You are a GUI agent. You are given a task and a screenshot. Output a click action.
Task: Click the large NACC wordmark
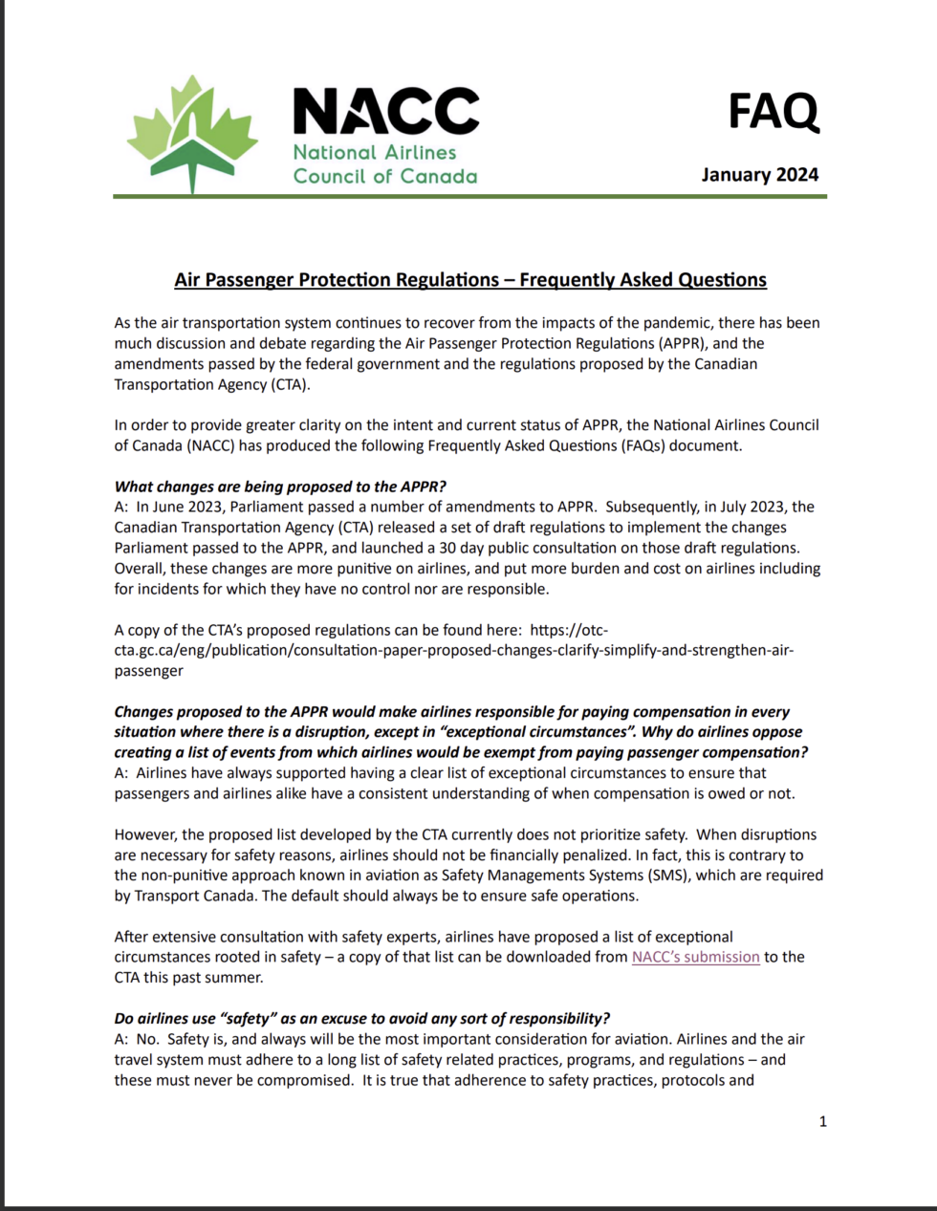point(385,111)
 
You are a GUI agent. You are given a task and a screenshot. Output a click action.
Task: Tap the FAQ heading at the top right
point(773,111)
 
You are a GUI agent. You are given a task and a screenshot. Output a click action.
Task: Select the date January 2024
point(759,174)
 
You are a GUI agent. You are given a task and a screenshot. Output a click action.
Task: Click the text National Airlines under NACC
point(375,152)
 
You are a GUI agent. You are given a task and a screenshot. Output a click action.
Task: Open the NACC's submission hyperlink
point(695,957)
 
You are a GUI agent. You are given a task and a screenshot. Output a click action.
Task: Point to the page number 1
point(822,1121)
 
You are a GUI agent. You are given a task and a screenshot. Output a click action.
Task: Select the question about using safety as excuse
point(361,1018)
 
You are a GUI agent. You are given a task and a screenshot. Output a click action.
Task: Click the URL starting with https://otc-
point(568,630)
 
